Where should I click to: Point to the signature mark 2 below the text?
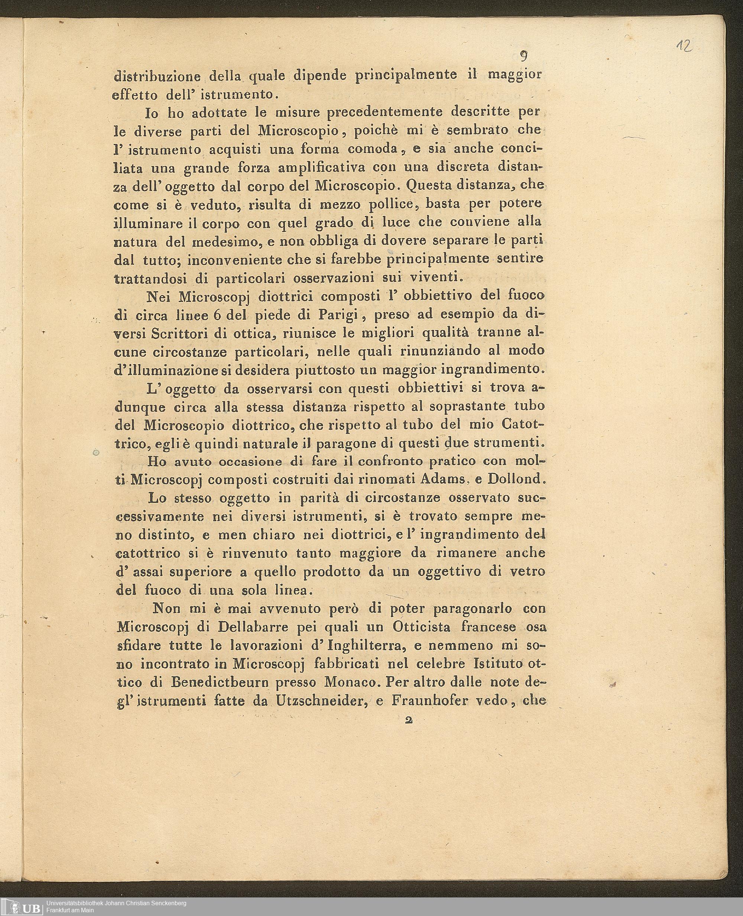tap(408, 720)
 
